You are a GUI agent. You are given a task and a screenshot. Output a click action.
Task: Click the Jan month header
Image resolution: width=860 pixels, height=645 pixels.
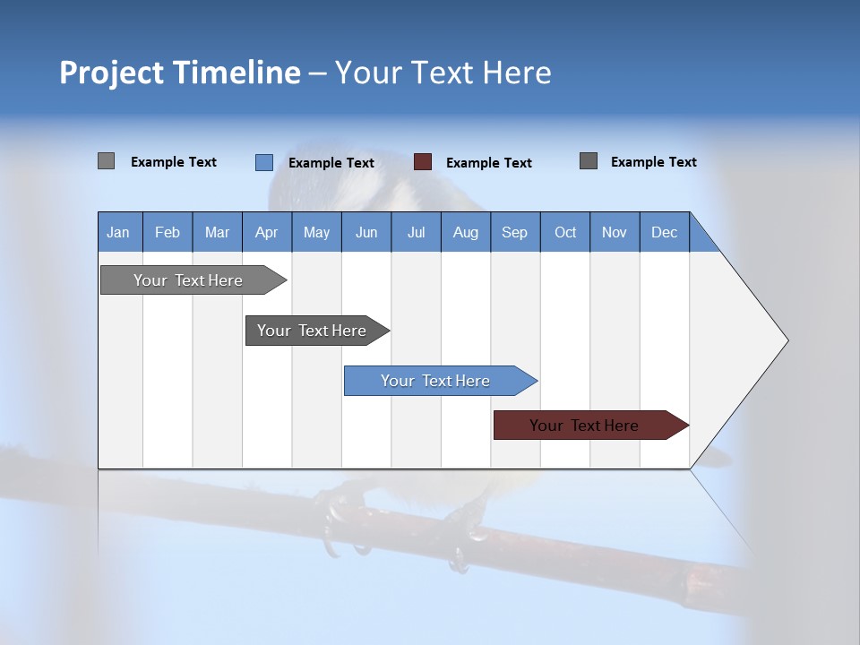(x=119, y=232)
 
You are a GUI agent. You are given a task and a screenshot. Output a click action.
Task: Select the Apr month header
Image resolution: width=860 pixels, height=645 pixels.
(x=267, y=232)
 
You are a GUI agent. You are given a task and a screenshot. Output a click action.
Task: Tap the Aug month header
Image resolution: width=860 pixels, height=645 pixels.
(x=466, y=232)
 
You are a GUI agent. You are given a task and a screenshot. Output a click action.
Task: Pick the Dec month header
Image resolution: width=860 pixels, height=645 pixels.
(x=665, y=232)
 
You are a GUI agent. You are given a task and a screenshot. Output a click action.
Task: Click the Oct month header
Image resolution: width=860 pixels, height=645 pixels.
(x=565, y=232)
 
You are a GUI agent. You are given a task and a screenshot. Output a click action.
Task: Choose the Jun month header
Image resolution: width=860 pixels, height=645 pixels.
(x=366, y=232)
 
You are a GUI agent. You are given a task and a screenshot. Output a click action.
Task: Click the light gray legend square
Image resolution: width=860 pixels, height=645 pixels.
(x=107, y=161)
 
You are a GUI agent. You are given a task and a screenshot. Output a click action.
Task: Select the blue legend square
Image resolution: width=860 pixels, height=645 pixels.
(x=264, y=162)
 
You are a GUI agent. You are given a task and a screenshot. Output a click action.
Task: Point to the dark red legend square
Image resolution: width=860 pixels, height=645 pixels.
(x=423, y=162)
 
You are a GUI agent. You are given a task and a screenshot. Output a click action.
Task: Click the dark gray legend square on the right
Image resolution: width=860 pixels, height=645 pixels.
(x=589, y=161)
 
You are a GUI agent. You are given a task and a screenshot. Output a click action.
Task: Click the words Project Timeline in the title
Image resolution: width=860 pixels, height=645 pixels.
(x=179, y=73)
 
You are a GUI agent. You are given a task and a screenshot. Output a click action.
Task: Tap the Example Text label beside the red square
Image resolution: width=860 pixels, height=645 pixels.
(x=489, y=163)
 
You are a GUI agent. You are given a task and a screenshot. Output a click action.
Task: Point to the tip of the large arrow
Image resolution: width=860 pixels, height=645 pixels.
(x=786, y=340)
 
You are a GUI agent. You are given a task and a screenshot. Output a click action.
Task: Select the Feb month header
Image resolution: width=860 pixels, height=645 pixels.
(x=168, y=232)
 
